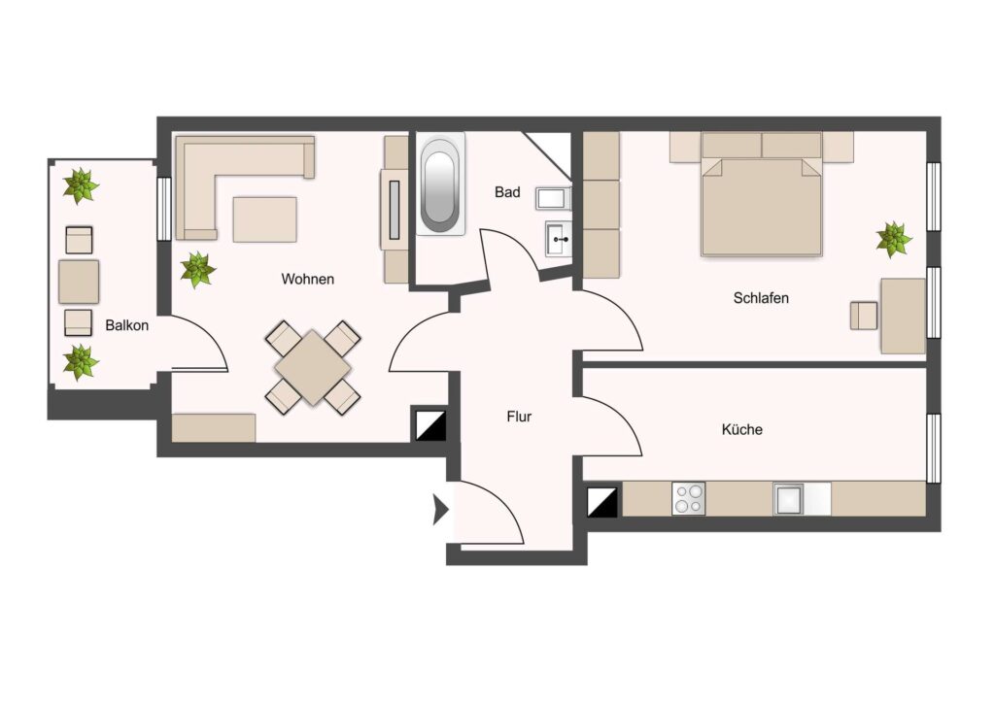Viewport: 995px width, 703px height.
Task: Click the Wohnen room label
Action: (x=308, y=279)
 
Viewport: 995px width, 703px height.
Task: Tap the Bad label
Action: (x=507, y=192)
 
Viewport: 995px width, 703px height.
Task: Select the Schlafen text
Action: (x=761, y=298)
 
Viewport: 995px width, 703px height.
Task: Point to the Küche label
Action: (x=741, y=429)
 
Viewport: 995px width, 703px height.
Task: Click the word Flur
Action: (x=519, y=417)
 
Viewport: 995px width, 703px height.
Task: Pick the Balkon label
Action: (x=127, y=325)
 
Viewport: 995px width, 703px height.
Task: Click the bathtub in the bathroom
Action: (x=440, y=184)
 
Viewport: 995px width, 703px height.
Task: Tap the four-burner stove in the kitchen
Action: (x=689, y=498)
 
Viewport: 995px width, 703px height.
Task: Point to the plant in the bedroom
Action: (x=894, y=240)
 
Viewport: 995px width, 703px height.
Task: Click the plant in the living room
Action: (x=198, y=269)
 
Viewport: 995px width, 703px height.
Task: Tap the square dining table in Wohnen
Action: (x=313, y=367)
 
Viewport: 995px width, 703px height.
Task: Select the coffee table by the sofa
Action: (x=264, y=219)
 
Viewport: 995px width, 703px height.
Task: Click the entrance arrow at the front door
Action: (x=440, y=510)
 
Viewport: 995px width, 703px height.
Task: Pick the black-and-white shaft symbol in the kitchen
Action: (x=602, y=501)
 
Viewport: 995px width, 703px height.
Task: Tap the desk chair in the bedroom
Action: (x=864, y=315)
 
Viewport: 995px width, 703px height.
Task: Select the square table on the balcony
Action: (x=79, y=282)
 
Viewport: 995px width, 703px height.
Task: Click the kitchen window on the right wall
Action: (x=933, y=448)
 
